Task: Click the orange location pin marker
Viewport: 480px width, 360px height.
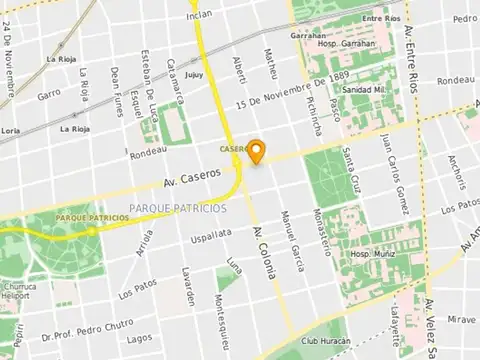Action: pyautogui.click(x=256, y=152)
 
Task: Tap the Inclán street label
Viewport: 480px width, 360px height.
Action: pyautogui.click(x=200, y=14)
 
